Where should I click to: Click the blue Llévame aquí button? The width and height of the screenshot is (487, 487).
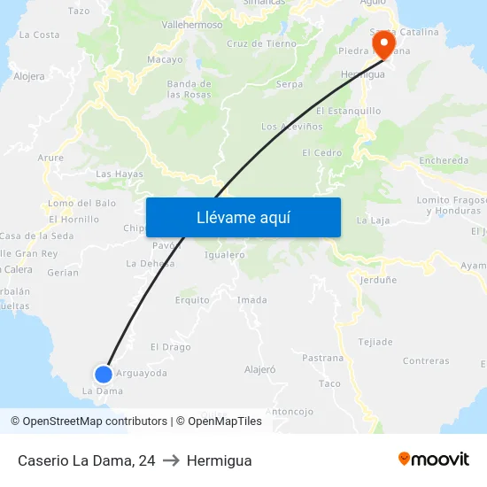[243, 217]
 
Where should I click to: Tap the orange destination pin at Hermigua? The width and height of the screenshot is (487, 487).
[384, 44]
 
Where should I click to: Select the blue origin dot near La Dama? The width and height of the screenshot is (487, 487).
[104, 374]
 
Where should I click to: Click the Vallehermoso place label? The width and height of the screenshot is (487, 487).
[192, 25]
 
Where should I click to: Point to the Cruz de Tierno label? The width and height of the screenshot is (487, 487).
[261, 43]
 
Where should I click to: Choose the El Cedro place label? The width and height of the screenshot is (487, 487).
[321, 152]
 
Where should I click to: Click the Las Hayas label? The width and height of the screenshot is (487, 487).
[120, 174]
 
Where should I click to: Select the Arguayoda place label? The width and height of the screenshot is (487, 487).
[142, 373]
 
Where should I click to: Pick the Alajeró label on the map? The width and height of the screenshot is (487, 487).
[260, 368]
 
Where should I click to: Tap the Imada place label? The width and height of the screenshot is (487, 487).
[252, 300]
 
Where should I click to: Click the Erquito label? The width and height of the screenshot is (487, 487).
[192, 300]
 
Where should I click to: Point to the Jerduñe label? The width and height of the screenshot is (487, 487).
[379, 280]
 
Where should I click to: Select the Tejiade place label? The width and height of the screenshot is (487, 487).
[375, 342]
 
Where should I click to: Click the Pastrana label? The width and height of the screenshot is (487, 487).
[323, 358]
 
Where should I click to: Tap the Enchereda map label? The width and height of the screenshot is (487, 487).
[444, 160]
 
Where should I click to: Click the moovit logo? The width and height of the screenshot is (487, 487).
[434, 460]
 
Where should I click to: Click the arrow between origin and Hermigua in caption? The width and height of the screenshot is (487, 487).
[171, 460]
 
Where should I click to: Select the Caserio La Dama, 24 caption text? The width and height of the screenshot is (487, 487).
[86, 460]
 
